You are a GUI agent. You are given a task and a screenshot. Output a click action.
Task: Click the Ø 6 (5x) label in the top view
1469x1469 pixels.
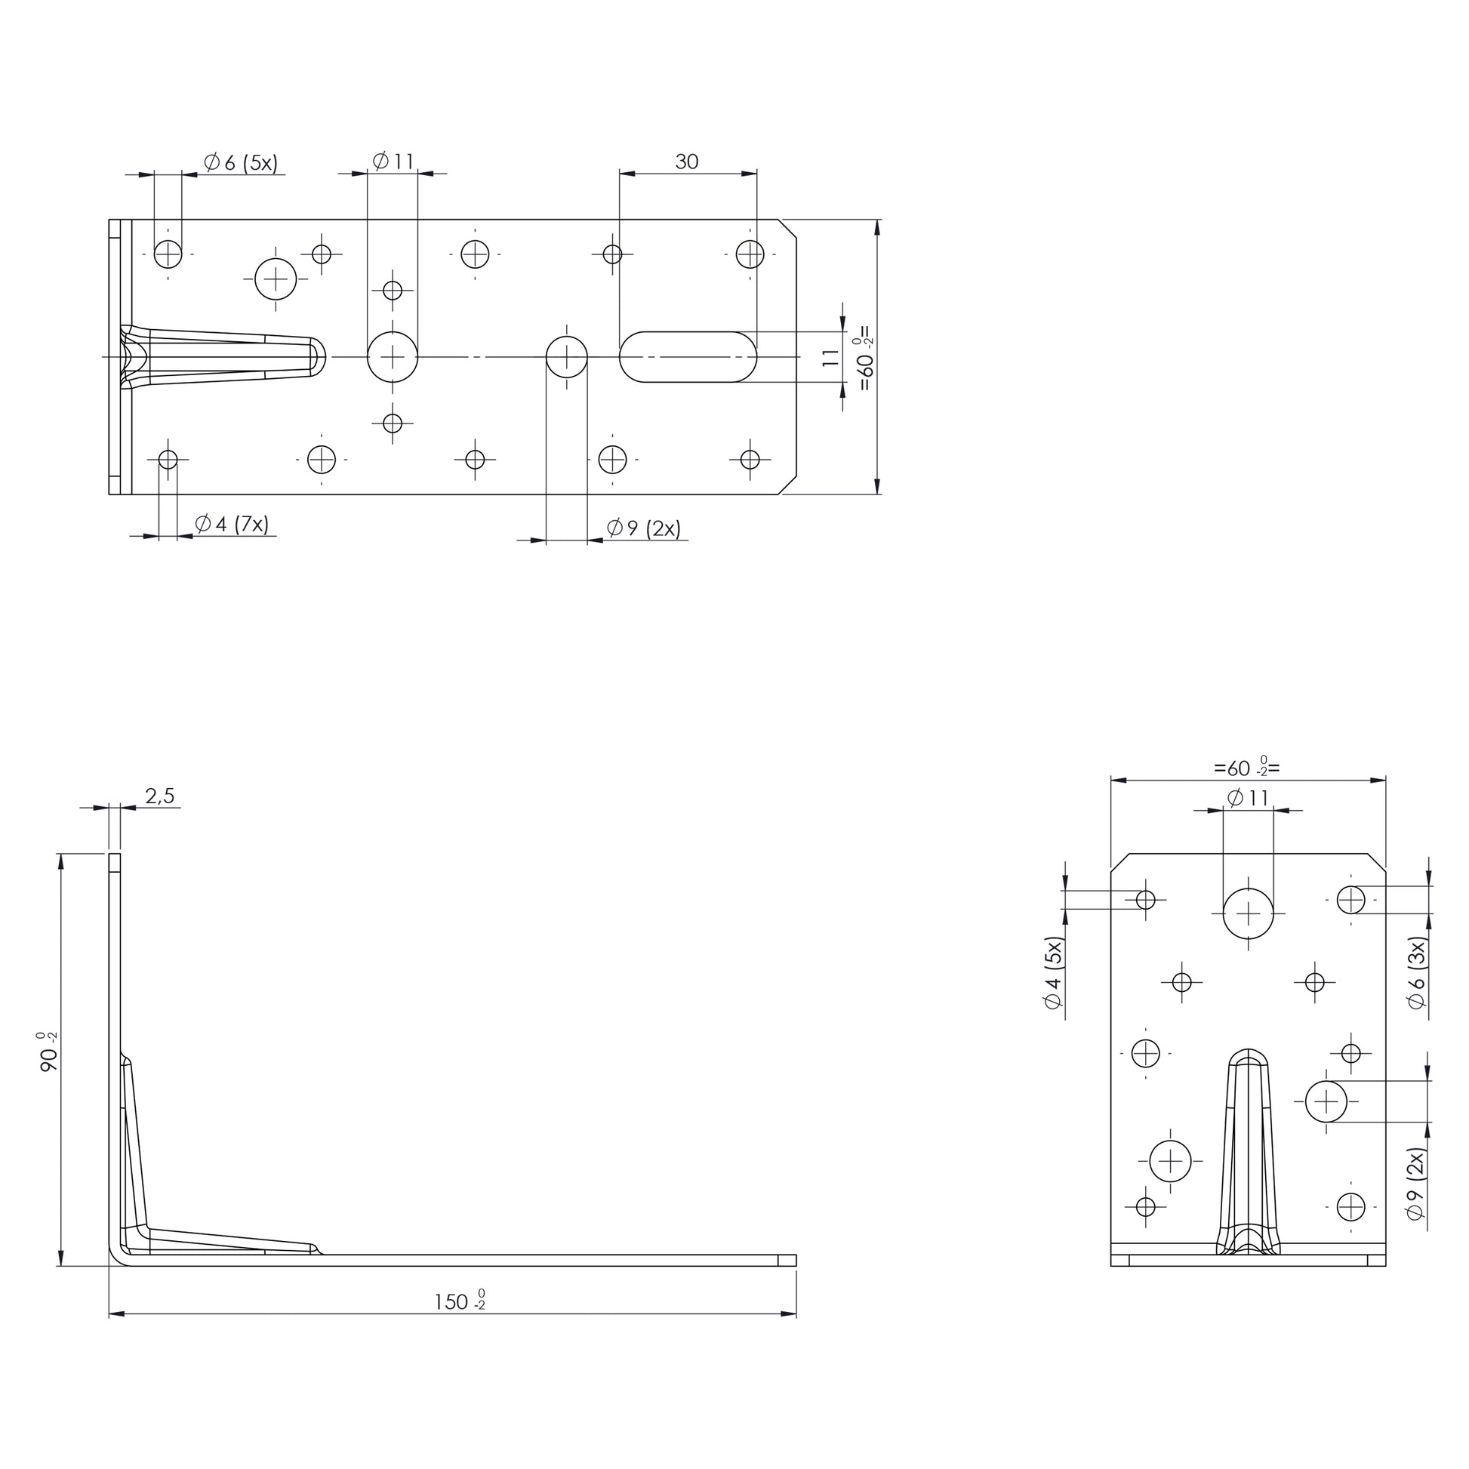(241, 162)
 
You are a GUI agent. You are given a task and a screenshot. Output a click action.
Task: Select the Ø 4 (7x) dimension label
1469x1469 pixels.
(232, 524)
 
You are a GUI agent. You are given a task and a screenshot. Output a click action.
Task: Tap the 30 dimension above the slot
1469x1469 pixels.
(687, 162)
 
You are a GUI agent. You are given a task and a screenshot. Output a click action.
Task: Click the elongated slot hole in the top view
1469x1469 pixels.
(688, 356)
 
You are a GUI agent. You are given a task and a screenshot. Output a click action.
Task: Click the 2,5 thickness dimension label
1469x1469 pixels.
(160, 796)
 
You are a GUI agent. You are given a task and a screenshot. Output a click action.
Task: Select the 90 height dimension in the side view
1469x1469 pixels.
(48, 1052)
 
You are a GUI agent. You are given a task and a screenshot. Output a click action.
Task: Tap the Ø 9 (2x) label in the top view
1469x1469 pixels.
(643, 528)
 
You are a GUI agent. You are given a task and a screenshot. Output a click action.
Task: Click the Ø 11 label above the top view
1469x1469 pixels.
(393, 162)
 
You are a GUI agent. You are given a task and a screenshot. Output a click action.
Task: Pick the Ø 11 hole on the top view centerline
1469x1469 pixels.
(393, 356)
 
